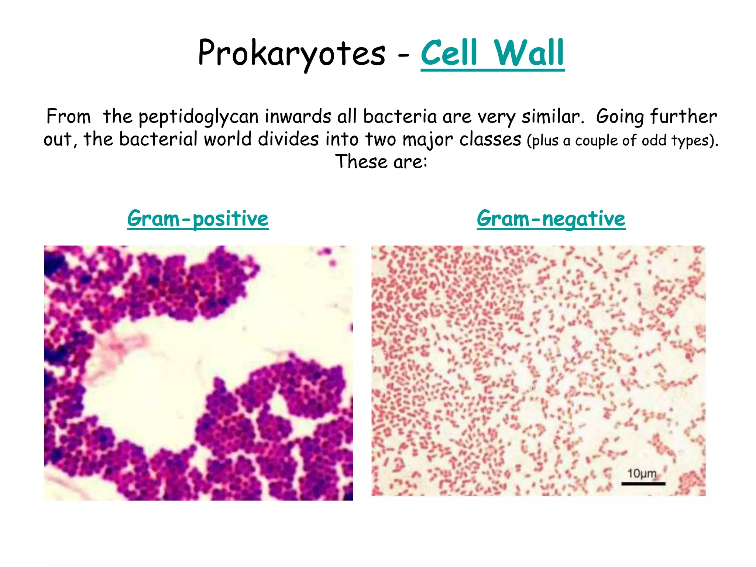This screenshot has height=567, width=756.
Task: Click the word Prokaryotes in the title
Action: (292, 54)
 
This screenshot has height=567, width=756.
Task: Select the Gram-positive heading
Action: (198, 219)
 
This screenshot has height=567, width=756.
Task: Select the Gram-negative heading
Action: (551, 219)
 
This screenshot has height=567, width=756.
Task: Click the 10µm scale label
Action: (642, 474)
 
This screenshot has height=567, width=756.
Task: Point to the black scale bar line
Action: (643, 483)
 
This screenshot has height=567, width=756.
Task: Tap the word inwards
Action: (298, 117)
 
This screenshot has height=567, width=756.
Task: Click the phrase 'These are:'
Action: (381, 162)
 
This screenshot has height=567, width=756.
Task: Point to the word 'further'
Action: (683, 117)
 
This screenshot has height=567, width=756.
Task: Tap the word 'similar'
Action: (551, 117)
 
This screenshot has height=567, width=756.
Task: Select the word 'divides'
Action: (288, 140)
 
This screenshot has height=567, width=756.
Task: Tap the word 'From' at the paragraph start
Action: (68, 117)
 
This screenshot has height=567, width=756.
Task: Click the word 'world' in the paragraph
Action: (227, 140)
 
